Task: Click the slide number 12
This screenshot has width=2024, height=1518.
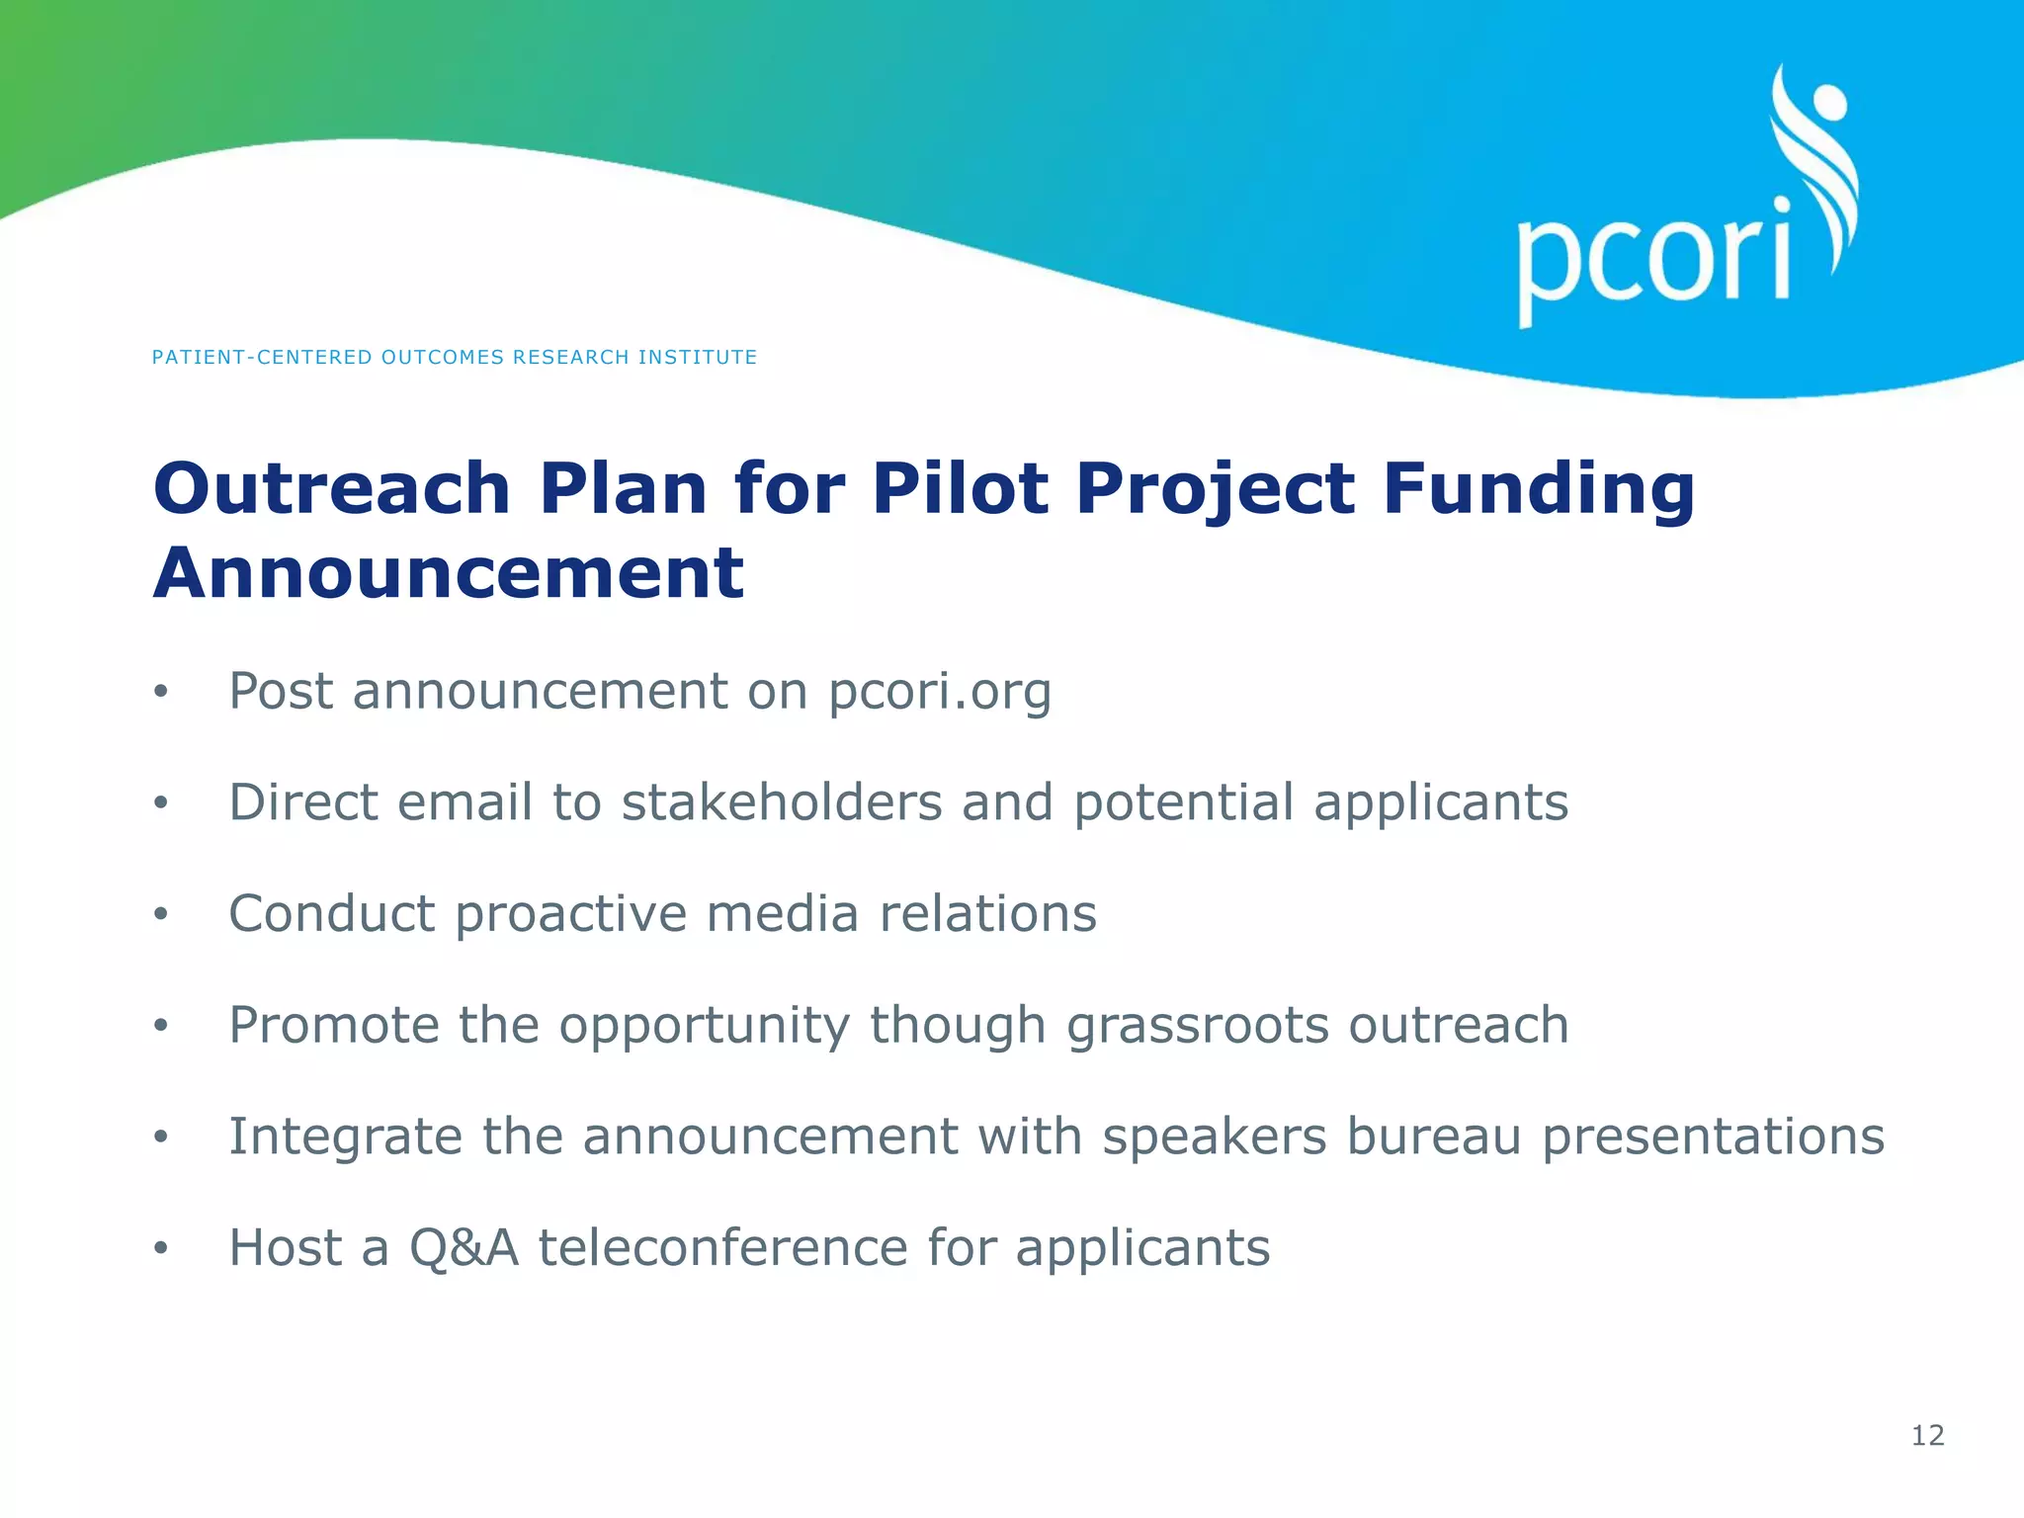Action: coord(1927,1435)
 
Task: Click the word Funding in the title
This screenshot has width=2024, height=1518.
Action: coord(1538,491)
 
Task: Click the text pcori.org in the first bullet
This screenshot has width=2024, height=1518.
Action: coord(940,692)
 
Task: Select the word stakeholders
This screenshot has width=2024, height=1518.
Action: coord(782,801)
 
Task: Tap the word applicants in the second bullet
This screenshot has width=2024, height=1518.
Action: coord(1440,803)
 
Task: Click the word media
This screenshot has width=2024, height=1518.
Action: coord(782,913)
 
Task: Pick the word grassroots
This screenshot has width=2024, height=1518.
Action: coord(1198,1026)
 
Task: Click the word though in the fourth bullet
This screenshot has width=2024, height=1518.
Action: coord(957,1026)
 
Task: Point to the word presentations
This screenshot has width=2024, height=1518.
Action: coord(1713,1137)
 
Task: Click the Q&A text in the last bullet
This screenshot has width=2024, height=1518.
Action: coord(464,1247)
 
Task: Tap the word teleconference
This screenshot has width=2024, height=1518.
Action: coord(721,1247)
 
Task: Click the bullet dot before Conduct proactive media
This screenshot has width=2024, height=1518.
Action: coord(161,914)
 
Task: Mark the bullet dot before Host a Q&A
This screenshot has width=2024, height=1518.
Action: coord(161,1248)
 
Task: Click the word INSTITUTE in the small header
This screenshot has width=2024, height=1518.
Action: coord(697,357)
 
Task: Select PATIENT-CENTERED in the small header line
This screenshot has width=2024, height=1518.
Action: coord(262,357)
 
